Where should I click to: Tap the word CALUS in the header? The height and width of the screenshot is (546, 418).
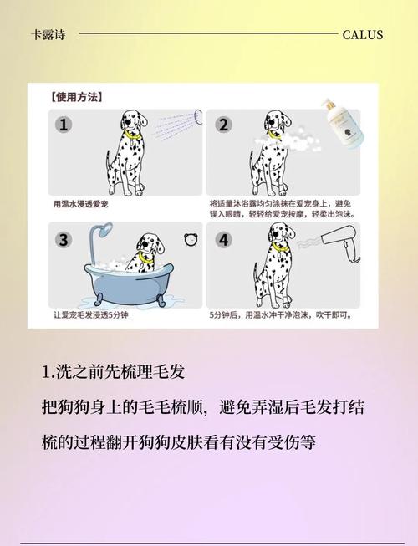click(363, 34)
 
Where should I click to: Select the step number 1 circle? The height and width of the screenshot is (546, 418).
click(64, 125)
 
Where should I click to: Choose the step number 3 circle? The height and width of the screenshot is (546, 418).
click(64, 240)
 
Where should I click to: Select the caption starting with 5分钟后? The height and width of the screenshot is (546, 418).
click(279, 316)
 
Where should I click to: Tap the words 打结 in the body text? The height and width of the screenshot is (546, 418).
click(349, 407)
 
